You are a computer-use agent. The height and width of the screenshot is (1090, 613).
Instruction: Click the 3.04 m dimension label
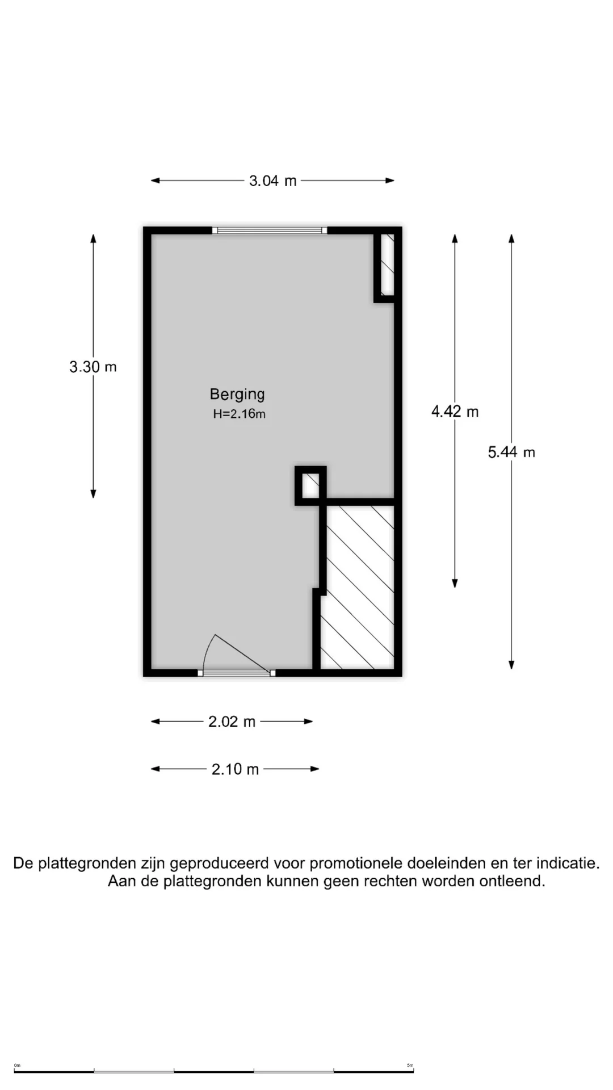(272, 181)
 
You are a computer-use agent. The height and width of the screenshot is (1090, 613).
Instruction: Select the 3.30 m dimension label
(93, 367)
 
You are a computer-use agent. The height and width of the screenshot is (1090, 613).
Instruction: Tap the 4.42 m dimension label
(455, 411)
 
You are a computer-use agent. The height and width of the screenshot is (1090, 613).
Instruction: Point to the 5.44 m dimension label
(511, 452)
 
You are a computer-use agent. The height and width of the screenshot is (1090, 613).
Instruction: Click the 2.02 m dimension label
(232, 722)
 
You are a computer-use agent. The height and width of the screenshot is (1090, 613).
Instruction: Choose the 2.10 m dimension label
(235, 769)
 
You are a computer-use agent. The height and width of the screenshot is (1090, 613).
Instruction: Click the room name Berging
(237, 395)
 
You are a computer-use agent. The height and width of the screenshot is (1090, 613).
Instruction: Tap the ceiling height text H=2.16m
(239, 414)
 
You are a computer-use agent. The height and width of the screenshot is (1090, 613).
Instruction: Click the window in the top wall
(270, 230)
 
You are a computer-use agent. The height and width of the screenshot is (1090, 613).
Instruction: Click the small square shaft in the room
(310, 485)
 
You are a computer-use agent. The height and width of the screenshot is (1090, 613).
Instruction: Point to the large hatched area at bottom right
(358, 588)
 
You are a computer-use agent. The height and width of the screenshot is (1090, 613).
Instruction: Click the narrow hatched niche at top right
(387, 265)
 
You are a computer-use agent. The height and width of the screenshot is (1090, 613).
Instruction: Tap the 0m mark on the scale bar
(17, 1065)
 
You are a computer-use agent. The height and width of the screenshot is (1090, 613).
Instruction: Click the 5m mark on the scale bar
(410, 1065)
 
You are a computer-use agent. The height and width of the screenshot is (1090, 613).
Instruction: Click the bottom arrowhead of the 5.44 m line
(511, 665)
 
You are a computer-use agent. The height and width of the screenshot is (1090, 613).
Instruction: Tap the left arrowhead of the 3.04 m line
(155, 181)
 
